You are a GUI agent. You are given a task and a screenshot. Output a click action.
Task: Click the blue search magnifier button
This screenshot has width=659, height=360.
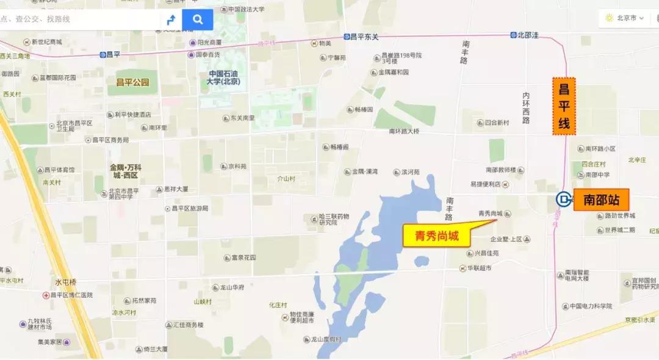[198, 20]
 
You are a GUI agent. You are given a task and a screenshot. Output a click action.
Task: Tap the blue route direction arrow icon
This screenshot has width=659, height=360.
[171, 20]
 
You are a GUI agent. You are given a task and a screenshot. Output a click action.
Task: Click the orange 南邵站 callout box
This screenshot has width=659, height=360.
[601, 200]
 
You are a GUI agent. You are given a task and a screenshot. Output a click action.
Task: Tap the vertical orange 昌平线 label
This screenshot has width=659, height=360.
[564, 107]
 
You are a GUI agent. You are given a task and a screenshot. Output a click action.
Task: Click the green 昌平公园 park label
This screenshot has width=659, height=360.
[132, 82]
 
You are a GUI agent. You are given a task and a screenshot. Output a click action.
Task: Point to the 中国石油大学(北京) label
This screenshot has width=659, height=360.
[223, 77]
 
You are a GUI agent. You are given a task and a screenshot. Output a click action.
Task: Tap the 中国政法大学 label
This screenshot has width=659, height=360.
[246, 9]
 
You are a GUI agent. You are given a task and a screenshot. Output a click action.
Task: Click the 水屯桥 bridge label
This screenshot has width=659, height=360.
[66, 282]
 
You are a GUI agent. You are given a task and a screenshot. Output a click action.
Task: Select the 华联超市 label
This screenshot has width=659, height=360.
[479, 268]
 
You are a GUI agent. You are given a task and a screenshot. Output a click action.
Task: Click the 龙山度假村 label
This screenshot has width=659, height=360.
[326, 339]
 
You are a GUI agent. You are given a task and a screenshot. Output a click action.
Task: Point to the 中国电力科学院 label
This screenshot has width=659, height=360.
[591, 306]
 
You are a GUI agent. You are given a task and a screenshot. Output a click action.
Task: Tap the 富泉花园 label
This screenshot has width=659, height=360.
[243, 257]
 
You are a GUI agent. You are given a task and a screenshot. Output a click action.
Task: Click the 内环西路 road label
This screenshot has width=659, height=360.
[526, 107]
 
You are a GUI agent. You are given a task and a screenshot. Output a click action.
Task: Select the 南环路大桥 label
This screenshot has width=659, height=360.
[405, 131]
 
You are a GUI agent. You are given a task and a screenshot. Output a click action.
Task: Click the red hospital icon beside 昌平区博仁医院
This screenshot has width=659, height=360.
[46, 295]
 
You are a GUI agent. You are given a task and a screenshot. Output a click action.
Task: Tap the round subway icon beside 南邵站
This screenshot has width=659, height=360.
[563, 199]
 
